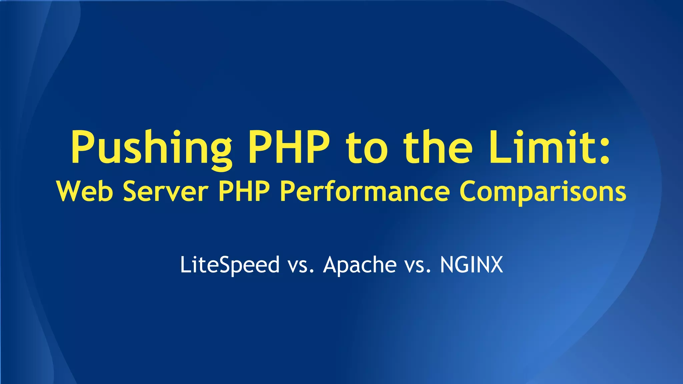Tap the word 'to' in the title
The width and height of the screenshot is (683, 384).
(x=367, y=148)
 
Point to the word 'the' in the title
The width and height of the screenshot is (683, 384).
(x=438, y=147)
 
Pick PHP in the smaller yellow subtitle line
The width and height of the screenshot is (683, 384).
(x=244, y=191)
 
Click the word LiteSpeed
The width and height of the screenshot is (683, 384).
(x=230, y=265)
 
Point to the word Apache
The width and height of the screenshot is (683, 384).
(x=360, y=265)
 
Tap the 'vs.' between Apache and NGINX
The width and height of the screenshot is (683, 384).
(x=418, y=266)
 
